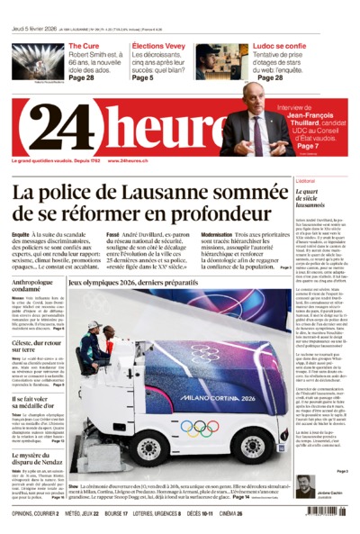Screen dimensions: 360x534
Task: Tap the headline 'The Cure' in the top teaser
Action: (84, 45)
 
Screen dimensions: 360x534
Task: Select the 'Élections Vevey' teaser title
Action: (158, 45)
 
